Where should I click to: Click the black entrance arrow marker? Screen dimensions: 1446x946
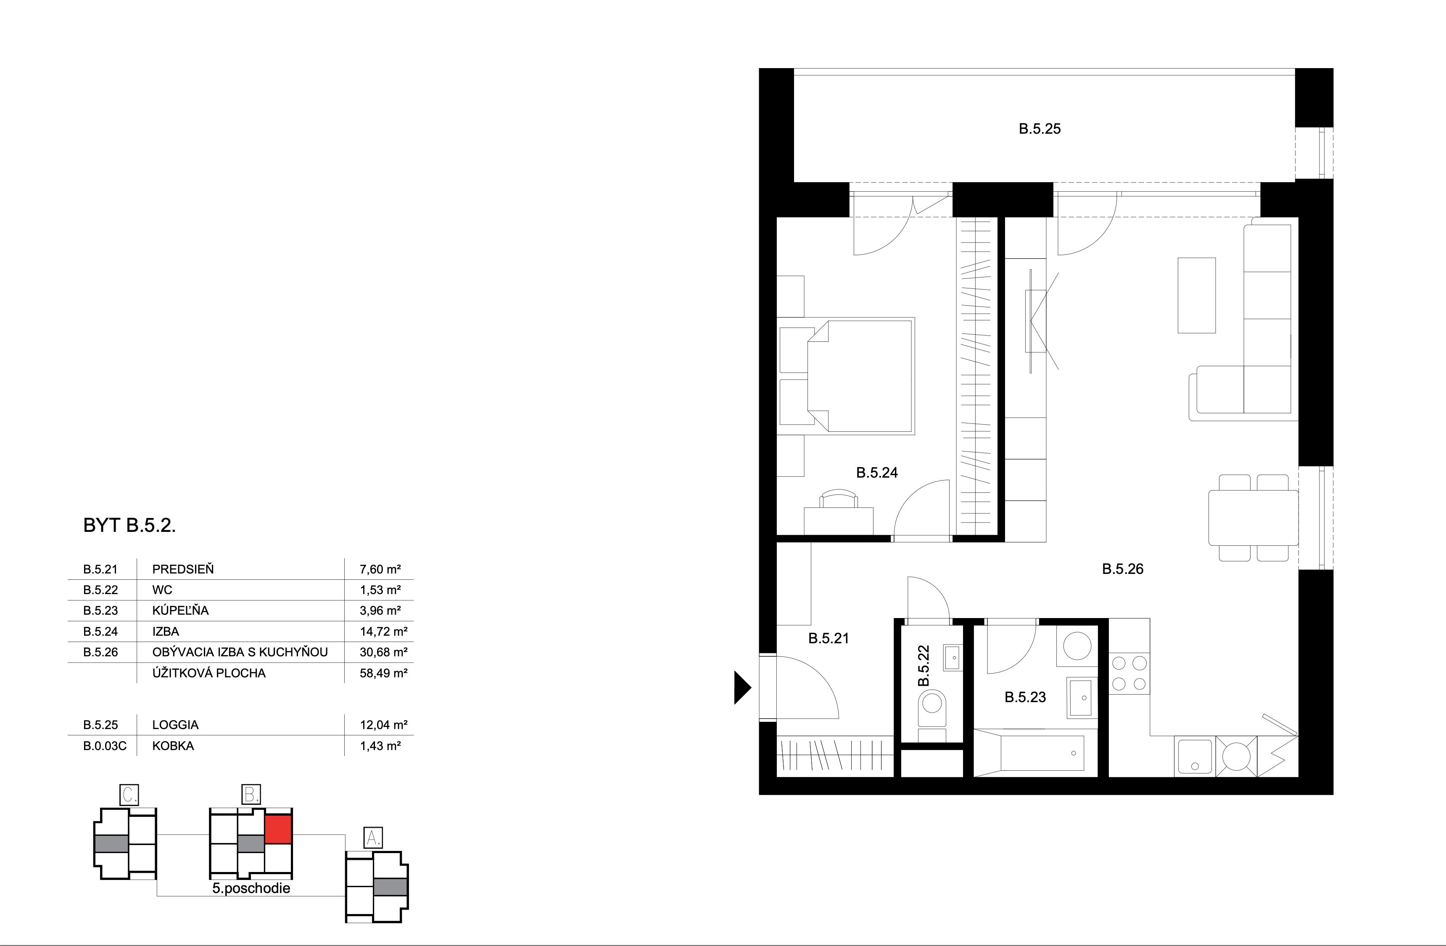coord(742,687)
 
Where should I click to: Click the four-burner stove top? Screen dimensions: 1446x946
coord(1129,673)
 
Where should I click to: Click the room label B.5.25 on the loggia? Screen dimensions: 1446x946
coord(1040,129)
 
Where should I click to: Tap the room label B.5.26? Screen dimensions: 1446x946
coord(1122,569)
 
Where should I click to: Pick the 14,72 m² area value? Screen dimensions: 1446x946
coord(383,631)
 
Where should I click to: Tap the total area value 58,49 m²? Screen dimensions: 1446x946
coord(383,673)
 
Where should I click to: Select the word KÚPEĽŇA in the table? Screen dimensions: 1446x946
coord(180,610)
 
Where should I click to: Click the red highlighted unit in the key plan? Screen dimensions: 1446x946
coord(278,829)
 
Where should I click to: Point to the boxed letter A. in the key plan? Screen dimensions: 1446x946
coord(372,838)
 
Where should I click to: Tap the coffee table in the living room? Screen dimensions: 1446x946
coord(1196,295)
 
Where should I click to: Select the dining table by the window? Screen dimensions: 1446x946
coord(1253,518)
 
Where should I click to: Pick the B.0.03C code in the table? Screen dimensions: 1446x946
coord(105,745)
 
